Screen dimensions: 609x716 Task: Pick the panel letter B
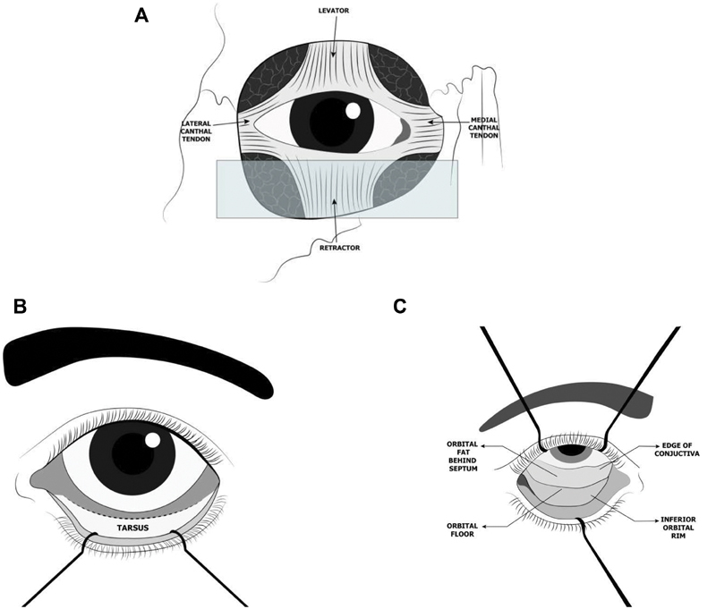point(20,306)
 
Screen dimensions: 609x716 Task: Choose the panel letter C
point(401,307)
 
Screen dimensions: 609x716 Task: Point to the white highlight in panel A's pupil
point(354,111)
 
